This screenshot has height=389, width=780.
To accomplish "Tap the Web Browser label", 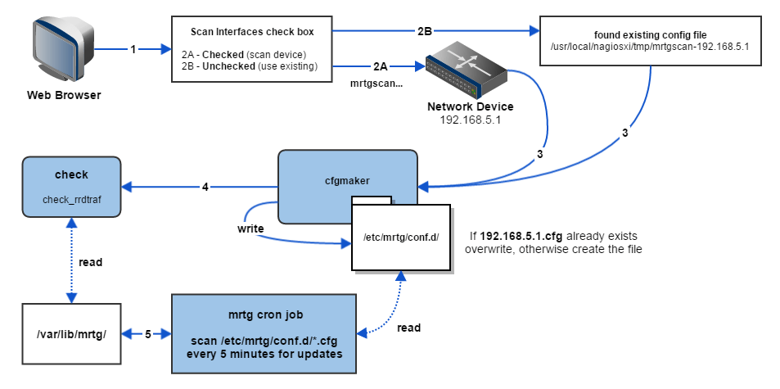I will point(64,95).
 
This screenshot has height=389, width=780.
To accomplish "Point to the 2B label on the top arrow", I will point(424,31).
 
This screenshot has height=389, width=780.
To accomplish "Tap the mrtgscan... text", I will point(376,83).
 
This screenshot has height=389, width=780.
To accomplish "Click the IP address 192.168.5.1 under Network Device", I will point(471,119).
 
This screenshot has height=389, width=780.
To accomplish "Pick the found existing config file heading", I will point(651,34).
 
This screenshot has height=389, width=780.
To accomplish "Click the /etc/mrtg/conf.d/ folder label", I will point(401,238).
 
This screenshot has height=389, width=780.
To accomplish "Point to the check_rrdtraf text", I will point(71,198).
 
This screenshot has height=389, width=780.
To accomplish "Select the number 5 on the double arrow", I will point(147,333).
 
